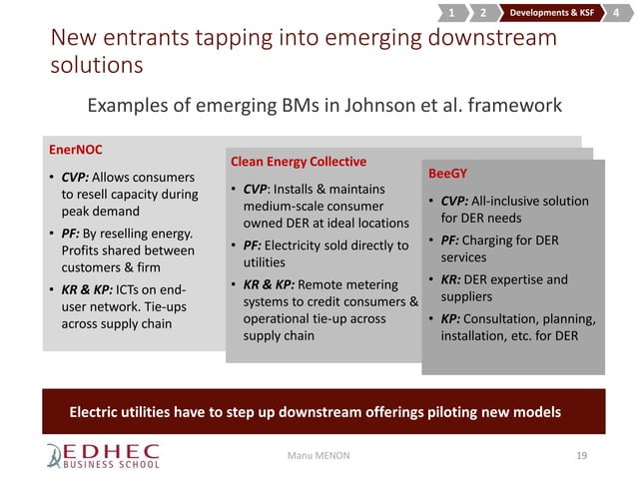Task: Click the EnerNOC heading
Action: tap(76, 150)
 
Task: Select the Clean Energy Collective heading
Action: tap(299, 161)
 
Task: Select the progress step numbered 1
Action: tap(450, 13)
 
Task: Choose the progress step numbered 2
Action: tap(482, 13)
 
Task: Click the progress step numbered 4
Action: tap(616, 13)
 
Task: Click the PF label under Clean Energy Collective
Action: tap(255, 245)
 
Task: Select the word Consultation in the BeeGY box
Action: tap(509, 320)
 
